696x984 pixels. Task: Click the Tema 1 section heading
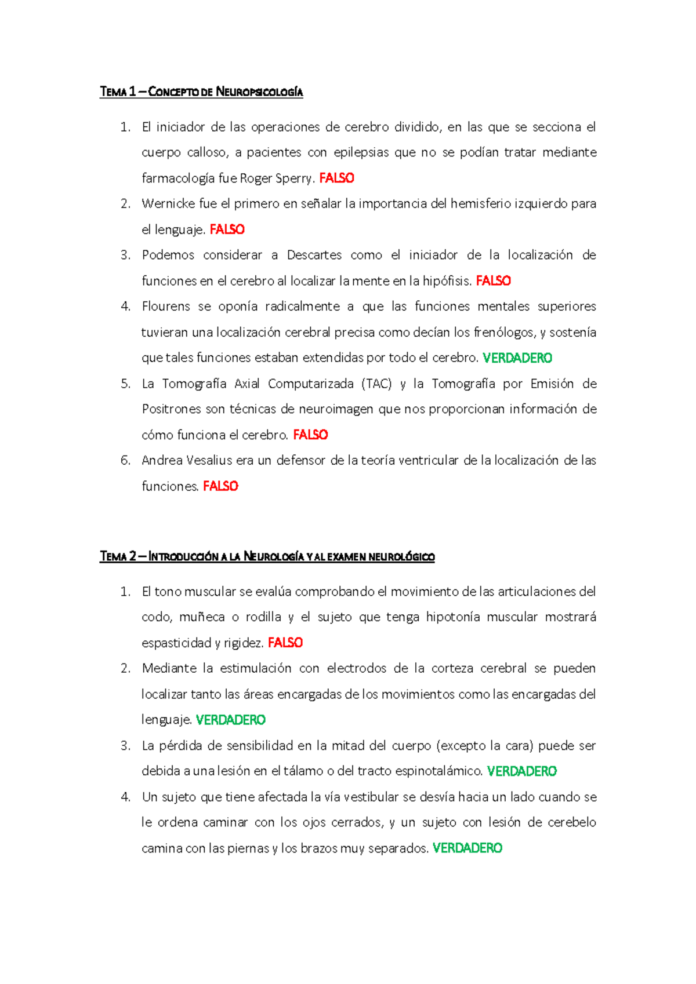(201, 92)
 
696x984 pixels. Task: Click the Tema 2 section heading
(267, 556)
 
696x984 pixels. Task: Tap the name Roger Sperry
(277, 178)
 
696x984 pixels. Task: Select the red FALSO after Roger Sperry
(336, 178)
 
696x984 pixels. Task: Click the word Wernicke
(168, 204)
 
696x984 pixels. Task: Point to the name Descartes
(314, 255)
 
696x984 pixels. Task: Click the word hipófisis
(447, 281)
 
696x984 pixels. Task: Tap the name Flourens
(168, 307)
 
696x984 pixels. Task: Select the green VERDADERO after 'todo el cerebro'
(517, 358)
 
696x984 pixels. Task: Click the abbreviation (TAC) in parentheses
(376, 384)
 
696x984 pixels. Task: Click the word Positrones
(172, 409)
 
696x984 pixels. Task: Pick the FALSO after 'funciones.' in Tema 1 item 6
(220, 486)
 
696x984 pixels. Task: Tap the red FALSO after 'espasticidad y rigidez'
(285, 643)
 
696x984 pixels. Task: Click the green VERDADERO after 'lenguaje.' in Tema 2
(231, 720)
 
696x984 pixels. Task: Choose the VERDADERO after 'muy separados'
(467, 848)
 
